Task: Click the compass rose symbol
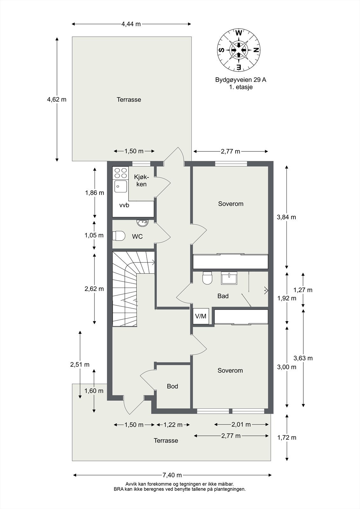pos(239,50)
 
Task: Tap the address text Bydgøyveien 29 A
pos(241,80)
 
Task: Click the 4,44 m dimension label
pos(131,24)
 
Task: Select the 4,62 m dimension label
pos(57,99)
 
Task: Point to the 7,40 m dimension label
pos(172,475)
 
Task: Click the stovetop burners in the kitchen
pos(120,173)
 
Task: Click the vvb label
pos(124,205)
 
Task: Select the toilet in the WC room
pos(118,236)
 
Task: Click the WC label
pos(137,237)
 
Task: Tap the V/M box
pos(201,316)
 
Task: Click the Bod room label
pos(172,386)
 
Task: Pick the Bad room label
pos(223,296)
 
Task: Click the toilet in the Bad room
pos(207,278)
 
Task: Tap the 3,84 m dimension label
pos(286,217)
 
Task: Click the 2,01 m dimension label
pos(241,424)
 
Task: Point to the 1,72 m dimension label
pos(287,437)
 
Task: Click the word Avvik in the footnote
pos(131,484)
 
